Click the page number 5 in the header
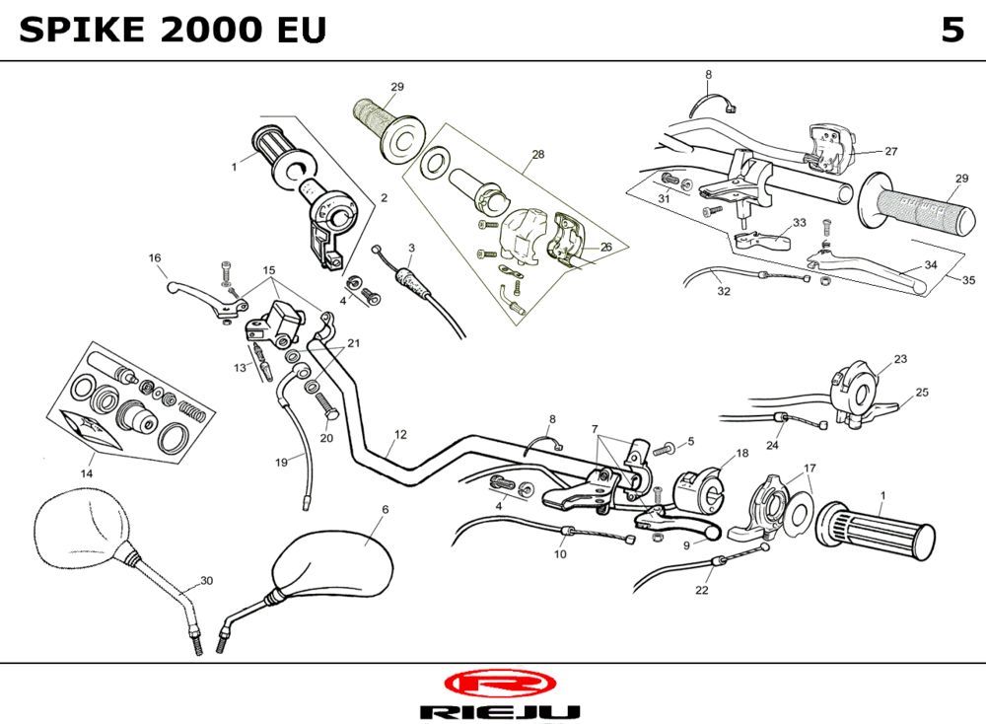click(x=951, y=31)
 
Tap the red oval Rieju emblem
click(x=500, y=683)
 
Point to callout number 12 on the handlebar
click(x=399, y=434)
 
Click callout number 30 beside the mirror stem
click(x=206, y=580)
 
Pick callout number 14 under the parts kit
click(x=87, y=472)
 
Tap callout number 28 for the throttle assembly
click(x=537, y=155)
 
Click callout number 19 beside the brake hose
click(x=281, y=462)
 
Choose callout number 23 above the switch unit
click(x=900, y=358)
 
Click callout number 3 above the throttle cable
click(x=410, y=247)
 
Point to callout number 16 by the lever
click(x=155, y=258)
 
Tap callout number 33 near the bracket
click(x=799, y=222)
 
